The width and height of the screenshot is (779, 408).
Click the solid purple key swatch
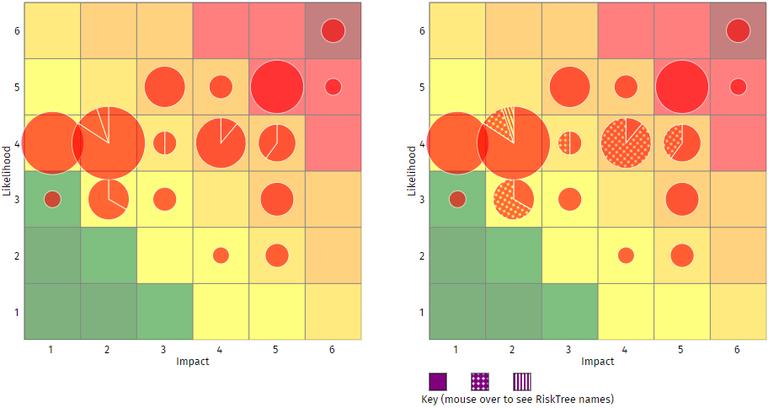coord(438,381)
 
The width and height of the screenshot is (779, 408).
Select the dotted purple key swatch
coord(480,381)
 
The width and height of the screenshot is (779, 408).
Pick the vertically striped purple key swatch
coord(522,381)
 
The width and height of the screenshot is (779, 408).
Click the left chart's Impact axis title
coord(193,361)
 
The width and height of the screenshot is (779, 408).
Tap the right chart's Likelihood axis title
coord(412,171)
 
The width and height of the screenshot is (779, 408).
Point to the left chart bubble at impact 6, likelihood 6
coord(333,30)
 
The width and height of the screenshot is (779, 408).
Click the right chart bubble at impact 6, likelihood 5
coord(739,87)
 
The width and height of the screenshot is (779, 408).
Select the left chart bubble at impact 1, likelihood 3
coord(52,199)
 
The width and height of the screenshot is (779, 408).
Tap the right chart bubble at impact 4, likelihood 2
coord(626,255)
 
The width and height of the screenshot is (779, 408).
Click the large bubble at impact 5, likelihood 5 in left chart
coord(277,87)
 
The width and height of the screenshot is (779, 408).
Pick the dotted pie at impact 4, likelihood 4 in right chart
coord(627,143)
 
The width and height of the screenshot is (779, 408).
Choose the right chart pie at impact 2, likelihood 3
coord(514,199)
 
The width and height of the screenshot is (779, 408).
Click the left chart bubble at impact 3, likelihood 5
coord(165,87)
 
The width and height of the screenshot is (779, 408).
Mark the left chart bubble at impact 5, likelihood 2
coord(277,255)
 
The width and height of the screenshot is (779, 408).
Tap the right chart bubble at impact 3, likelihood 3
coord(570,199)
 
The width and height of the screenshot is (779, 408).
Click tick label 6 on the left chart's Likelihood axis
coord(17,31)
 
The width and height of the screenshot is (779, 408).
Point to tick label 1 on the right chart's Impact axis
coord(457,348)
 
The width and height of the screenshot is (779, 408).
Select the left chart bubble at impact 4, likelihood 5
coord(221,87)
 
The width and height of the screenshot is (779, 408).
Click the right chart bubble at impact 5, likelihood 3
coord(682,199)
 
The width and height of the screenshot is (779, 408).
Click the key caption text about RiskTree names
coord(516,399)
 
